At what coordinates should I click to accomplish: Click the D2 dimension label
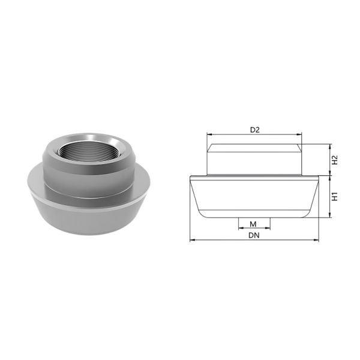[254, 130]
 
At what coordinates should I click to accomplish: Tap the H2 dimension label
[335, 160]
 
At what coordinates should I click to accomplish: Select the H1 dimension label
[335, 197]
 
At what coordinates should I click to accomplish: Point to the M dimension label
[253, 224]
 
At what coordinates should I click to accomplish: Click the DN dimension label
[254, 235]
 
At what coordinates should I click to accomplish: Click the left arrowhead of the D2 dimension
[209, 134]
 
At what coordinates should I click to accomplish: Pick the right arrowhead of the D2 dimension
[299, 134]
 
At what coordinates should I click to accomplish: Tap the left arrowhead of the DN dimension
[193, 240]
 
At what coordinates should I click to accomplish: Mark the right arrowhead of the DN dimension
[316, 240]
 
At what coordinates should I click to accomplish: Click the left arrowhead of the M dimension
[241, 228]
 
